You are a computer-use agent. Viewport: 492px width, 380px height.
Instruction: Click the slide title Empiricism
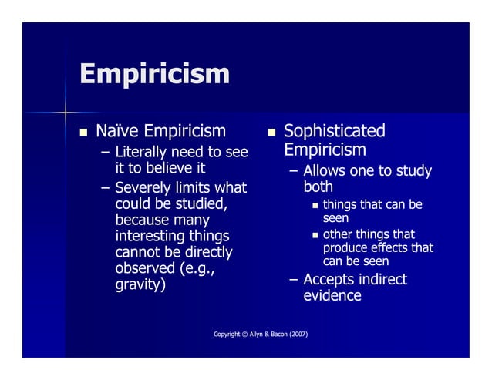coord(155,75)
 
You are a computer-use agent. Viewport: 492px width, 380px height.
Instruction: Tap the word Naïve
coord(117,132)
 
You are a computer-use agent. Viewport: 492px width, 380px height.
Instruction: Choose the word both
coord(317,187)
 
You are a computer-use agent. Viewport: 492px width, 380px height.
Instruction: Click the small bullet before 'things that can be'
coord(313,206)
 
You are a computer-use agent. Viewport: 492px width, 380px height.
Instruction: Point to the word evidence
coord(332,296)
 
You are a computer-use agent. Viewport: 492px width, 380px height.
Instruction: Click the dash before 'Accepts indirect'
coord(293,279)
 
